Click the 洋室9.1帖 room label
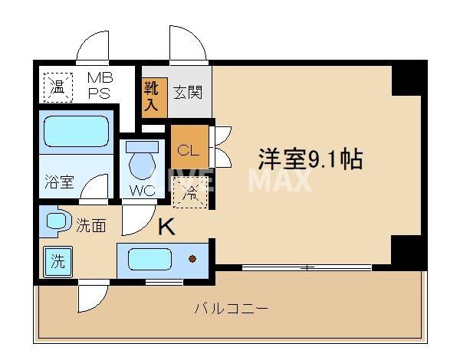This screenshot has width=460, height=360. (310, 160)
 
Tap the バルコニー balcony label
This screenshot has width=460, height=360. (231, 309)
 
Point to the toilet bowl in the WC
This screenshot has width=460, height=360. (141, 164)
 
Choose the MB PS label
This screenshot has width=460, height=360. (100, 85)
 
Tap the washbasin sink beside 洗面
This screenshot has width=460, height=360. (58, 223)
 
